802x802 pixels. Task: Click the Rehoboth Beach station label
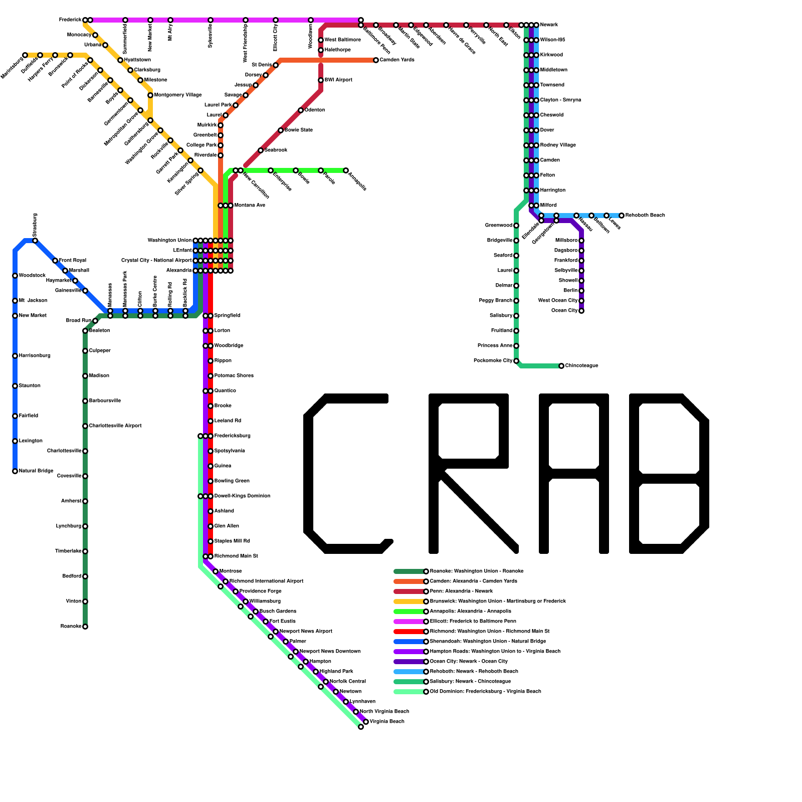click(x=645, y=216)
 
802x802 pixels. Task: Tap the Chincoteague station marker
click(x=561, y=366)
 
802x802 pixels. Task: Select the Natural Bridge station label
click(x=36, y=471)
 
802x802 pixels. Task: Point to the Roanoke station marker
click(x=85, y=627)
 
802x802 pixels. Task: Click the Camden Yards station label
click(x=397, y=60)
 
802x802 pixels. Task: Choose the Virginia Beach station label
click(x=387, y=722)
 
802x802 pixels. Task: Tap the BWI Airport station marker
click(x=321, y=80)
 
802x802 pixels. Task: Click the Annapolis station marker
click(x=346, y=170)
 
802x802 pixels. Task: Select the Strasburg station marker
click(x=35, y=241)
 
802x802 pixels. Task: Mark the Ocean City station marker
click(x=581, y=311)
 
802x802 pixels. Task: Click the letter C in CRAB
click(x=346, y=474)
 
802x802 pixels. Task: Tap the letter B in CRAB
click(x=669, y=474)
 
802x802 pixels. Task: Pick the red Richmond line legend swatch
click(x=409, y=632)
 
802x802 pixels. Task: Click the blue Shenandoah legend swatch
click(x=409, y=642)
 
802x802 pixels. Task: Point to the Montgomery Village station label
click(x=178, y=95)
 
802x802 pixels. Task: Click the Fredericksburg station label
click(x=233, y=436)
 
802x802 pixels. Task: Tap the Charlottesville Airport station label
click(x=115, y=426)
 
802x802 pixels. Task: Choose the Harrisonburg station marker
click(x=15, y=356)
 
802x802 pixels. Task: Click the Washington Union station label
click(x=169, y=241)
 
